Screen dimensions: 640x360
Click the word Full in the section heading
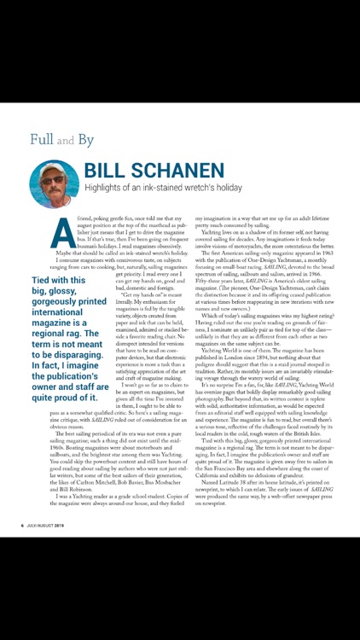point(44,138)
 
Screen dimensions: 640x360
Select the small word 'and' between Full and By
point(73,140)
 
